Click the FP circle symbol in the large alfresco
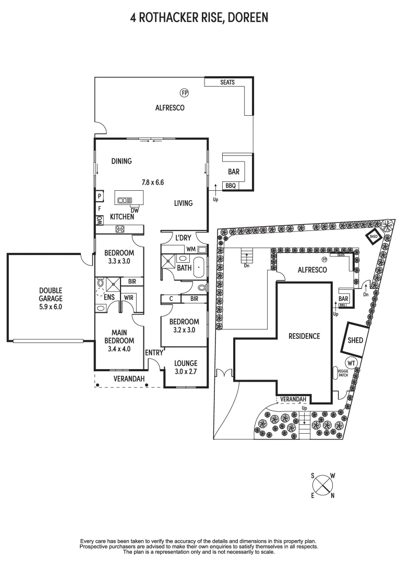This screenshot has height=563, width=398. coord(184,93)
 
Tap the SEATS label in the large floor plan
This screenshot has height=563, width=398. coord(227,82)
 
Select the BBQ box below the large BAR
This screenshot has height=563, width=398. coord(231,185)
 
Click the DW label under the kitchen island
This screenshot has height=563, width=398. coord(134,210)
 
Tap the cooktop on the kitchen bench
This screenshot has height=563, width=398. coord(120,228)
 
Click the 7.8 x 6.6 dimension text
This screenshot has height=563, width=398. coord(153,182)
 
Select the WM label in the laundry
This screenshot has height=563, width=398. coord(190,249)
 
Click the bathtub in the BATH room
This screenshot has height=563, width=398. coord(199,267)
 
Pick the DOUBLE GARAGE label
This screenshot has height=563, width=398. coord(50,299)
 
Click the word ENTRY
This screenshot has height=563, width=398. coord(154,353)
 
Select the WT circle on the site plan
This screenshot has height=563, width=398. coord(351,363)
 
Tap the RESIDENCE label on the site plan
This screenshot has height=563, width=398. coord(304,336)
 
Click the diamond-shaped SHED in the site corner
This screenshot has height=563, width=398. coord(373,236)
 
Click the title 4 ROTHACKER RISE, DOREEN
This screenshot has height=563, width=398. coord(199,18)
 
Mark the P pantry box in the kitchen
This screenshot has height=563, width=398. coord(99,196)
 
